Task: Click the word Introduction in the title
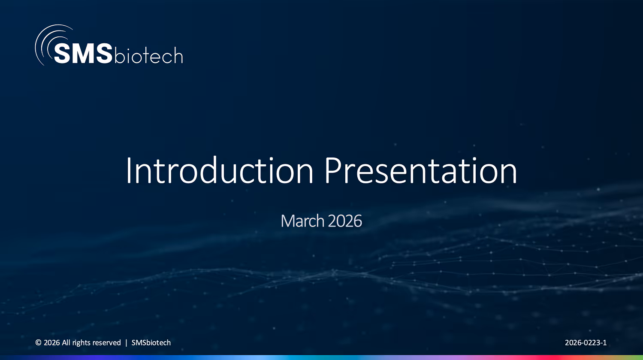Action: [x=219, y=171]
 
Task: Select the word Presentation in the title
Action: [x=420, y=171]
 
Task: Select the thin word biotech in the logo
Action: [x=148, y=55]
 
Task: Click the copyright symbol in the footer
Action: [x=38, y=343]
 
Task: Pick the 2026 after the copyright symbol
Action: [x=51, y=343]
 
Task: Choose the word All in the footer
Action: [x=66, y=343]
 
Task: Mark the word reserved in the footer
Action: [x=107, y=343]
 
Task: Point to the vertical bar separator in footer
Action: [x=126, y=343]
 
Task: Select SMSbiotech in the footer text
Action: [x=151, y=343]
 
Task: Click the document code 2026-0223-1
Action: [x=586, y=343]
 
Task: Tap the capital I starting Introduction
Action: [x=128, y=171]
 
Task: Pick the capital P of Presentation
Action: [x=331, y=171]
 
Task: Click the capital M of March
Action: [x=287, y=221]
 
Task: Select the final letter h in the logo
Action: [x=178, y=54]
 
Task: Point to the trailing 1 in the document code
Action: [x=605, y=343]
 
